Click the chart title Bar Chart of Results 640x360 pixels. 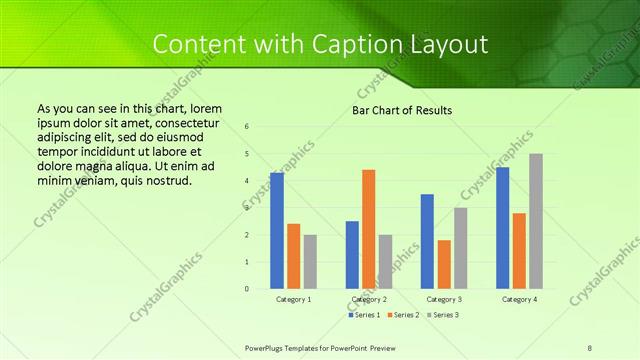(x=402, y=110)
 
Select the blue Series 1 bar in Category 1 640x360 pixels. (x=277, y=230)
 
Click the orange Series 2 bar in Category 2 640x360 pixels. (x=368, y=229)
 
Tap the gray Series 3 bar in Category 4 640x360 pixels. (x=536, y=221)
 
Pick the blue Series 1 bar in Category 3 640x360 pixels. (x=427, y=241)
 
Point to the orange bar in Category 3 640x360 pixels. (x=444, y=264)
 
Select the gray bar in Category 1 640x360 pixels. (x=310, y=261)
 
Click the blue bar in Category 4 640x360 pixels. (x=502, y=227)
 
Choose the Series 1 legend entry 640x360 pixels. (x=364, y=315)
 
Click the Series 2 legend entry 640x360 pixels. (x=402, y=315)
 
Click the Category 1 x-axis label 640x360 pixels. (x=293, y=299)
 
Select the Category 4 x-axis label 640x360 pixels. (x=519, y=299)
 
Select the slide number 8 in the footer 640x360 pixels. (x=590, y=346)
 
